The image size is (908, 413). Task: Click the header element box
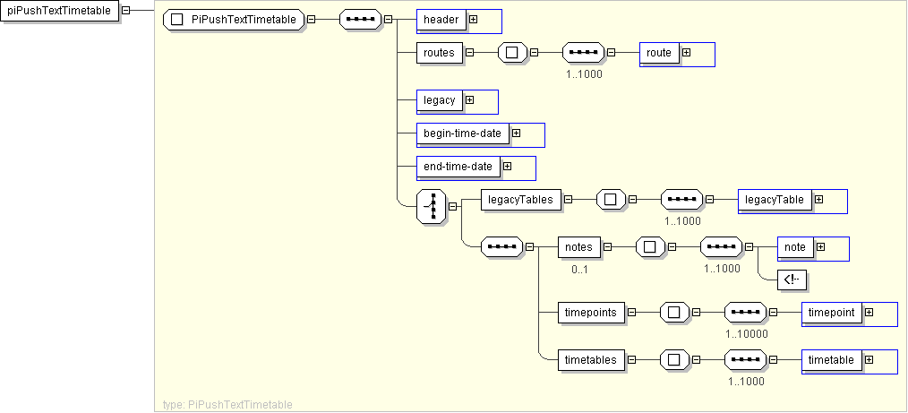(x=441, y=20)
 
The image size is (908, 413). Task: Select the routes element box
(x=439, y=53)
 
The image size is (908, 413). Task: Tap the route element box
(x=659, y=53)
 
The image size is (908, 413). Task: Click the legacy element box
(x=440, y=100)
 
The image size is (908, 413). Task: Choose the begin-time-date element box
(x=463, y=133)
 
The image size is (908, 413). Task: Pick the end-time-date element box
(x=458, y=167)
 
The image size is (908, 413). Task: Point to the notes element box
(x=578, y=247)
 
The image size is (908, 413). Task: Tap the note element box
(x=795, y=247)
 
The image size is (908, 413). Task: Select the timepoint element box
(x=832, y=313)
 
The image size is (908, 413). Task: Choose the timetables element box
(x=591, y=360)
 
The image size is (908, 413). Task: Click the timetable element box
(x=832, y=360)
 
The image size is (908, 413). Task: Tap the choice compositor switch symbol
(x=432, y=206)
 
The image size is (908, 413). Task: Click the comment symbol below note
(x=792, y=280)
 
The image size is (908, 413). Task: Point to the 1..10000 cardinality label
(x=747, y=333)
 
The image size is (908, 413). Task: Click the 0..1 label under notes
(x=580, y=268)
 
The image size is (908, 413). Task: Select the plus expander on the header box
(x=473, y=20)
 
